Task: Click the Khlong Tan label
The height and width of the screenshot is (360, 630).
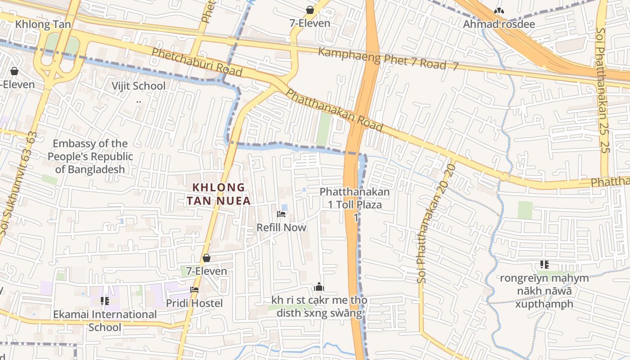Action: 43,24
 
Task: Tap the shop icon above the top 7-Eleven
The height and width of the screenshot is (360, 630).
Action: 310,9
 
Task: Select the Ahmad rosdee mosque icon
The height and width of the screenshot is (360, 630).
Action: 499,11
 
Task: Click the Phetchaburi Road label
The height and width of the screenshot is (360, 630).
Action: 197,62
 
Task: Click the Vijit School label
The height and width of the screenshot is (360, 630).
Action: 138,86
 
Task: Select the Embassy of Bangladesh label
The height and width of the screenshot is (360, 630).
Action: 90,157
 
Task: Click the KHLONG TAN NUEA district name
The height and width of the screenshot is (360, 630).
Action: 219,194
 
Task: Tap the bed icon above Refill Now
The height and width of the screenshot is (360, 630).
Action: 282,214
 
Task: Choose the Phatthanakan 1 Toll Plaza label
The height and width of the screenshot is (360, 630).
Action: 355,198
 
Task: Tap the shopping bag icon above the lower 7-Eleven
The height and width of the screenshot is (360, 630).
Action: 206,258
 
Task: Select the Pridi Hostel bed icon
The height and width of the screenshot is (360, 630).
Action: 194,290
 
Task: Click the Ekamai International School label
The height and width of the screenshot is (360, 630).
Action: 105,320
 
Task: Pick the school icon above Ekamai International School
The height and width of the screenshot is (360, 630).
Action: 105,301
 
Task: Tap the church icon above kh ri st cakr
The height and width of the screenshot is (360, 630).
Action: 319,287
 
